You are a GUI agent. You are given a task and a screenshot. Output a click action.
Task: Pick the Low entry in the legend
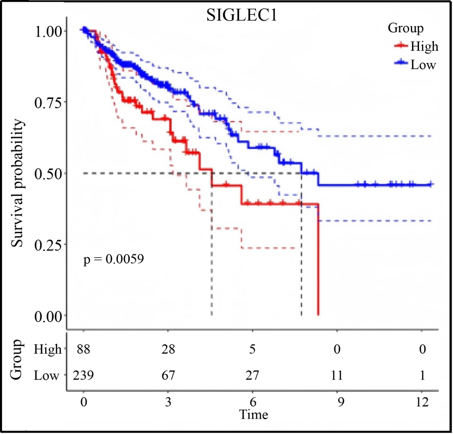pos(423,64)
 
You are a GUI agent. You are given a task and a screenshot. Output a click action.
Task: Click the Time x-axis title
pos(254,415)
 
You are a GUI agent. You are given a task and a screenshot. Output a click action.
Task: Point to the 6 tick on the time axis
pos(252,402)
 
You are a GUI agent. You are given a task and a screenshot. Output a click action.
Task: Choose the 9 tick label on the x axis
pos(337,402)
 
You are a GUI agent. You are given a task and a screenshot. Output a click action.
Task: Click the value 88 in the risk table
pos(84,349)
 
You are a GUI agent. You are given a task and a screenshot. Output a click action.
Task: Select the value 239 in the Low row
pos(84,376)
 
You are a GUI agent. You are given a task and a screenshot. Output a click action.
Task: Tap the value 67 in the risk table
pos(168,376)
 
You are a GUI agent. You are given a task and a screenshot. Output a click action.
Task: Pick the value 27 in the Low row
pos(252,376)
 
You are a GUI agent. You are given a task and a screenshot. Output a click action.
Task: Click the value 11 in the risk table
pos(337,376)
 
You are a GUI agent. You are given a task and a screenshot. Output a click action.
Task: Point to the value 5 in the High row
pos(252,349)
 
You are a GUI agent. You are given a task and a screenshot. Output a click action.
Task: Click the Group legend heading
pos(406,28)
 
